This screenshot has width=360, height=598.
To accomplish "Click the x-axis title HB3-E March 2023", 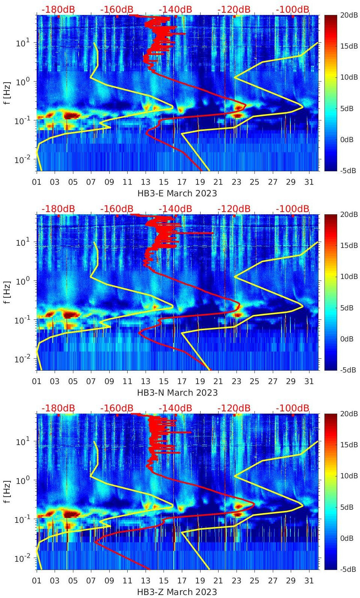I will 177,193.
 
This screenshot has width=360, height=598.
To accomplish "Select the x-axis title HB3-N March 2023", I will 177,392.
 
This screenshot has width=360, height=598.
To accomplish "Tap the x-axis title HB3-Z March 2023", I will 177,592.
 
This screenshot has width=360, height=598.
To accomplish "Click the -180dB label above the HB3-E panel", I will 58,9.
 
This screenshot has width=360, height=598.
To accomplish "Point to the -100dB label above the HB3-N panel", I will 293,209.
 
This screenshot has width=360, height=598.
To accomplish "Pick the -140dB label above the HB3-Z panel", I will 175,408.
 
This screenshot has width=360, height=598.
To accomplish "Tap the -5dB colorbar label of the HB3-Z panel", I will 348,569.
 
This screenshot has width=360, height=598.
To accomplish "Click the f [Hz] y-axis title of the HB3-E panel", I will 7,93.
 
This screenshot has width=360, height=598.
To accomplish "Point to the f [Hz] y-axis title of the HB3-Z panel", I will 7,491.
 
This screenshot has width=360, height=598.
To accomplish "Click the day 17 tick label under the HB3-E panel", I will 182,182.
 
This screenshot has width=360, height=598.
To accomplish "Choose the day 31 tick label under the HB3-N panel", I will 309,381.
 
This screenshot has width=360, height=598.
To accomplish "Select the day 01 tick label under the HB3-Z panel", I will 37,581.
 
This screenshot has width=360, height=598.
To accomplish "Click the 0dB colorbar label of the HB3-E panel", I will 348,139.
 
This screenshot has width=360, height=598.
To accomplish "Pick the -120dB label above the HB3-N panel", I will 234,209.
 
